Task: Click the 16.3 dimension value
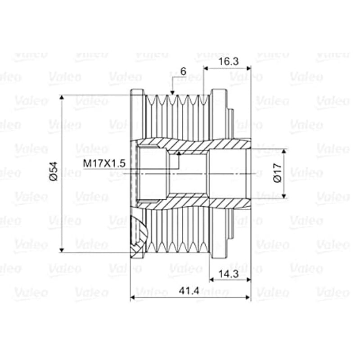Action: click(x=228, y=62)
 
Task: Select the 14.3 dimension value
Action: click(x=228, y=274)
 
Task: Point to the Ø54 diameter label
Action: click(x=54, y=171)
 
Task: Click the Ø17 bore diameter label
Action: click(x=278, y=173)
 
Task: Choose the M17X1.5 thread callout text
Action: click(x=104, y=163)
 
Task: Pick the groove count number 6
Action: click(x=183, y=72)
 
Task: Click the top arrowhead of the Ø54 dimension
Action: click(x=62, y=97)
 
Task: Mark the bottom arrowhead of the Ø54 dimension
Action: click(x=62, y=250)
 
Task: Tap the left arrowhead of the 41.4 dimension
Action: click(x=133, y=298)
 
